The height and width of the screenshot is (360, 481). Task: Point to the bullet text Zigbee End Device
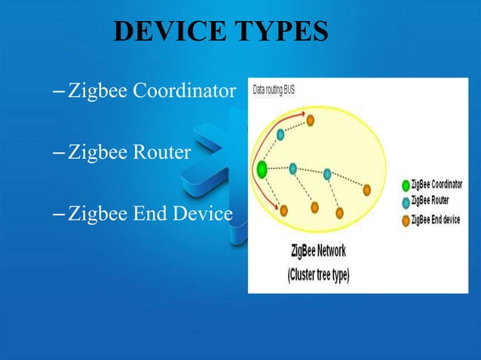pos(150,214)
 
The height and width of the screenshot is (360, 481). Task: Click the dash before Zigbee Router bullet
pos(60,153)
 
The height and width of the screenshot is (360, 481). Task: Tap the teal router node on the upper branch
pos(280,134)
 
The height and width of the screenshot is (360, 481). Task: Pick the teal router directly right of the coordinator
pos(293,167)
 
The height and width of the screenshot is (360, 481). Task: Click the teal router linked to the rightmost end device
pos(328,174)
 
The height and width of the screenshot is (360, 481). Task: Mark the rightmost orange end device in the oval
pos(368,190)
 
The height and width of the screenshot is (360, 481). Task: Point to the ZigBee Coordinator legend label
pos(440,185)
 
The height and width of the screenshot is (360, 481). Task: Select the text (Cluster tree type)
pos(317,275)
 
